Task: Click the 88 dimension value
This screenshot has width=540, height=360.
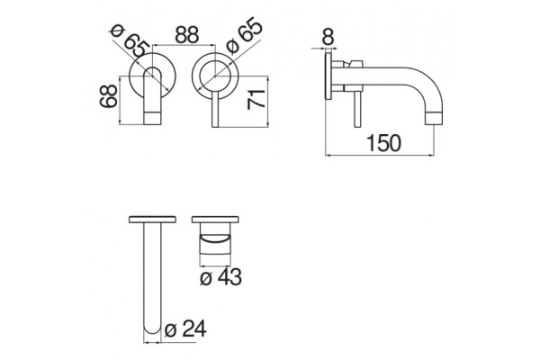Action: (x=187, y=34)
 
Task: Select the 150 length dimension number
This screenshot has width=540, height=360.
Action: (x=383, y=143)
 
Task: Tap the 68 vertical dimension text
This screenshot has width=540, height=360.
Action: (x=109, y=96)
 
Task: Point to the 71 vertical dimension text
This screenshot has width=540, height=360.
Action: (x=256, y=99)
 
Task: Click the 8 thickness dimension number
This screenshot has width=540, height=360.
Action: (x=328, y=37)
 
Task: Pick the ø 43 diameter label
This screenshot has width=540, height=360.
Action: (x=220, y=276)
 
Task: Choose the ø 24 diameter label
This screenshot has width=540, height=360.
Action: (x=185, y=328)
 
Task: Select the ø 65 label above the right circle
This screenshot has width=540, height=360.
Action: (x=244, y=36)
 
